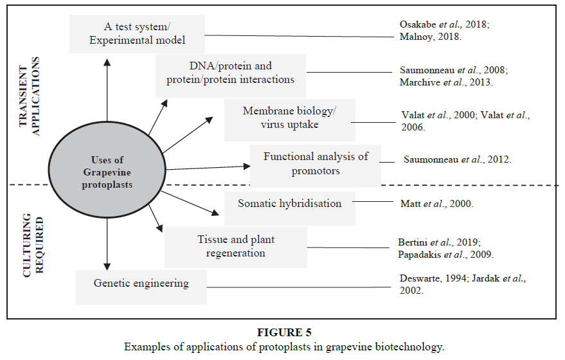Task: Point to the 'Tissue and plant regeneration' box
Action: [235, 246]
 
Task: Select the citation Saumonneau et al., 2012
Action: [457, 159]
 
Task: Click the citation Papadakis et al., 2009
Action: [445, 254]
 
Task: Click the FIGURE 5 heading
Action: [283, 332]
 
